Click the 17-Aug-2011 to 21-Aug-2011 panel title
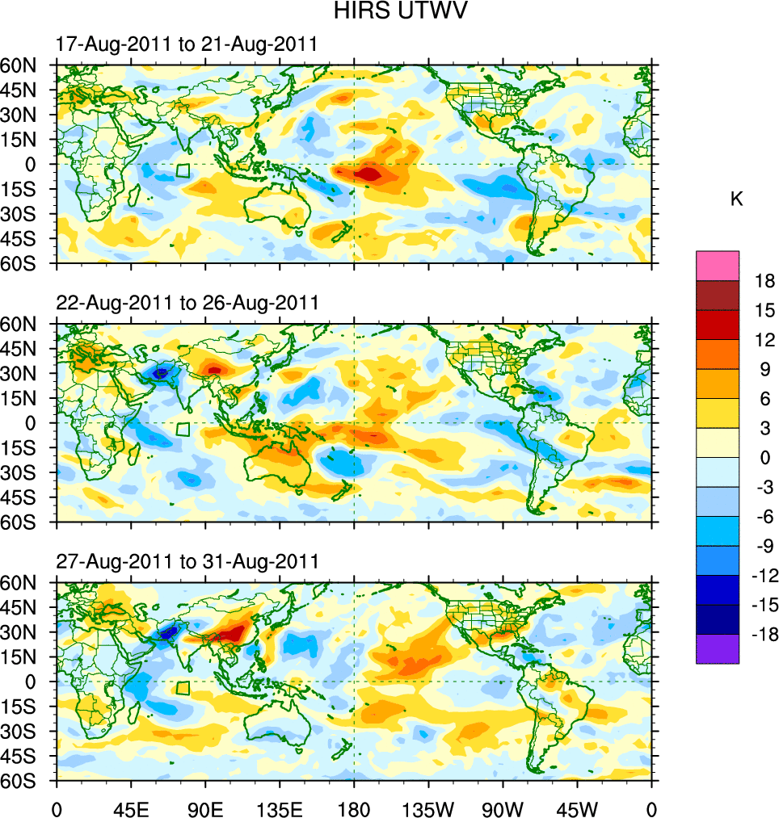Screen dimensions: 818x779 (187, 44)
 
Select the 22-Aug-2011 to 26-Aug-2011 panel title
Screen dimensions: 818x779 (187, 303)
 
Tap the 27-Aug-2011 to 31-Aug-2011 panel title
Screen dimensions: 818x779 (187, 561)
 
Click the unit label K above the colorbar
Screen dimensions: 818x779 (736, 199)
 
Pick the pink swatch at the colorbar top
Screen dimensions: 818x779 (718, 266)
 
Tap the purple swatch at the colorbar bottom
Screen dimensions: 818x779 (718, 648)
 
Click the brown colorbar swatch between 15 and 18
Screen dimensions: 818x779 (718, 296)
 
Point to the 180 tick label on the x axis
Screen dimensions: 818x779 (354, 808)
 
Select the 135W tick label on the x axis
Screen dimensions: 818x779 (428, 808)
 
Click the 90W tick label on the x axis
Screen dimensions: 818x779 (503, 808)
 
